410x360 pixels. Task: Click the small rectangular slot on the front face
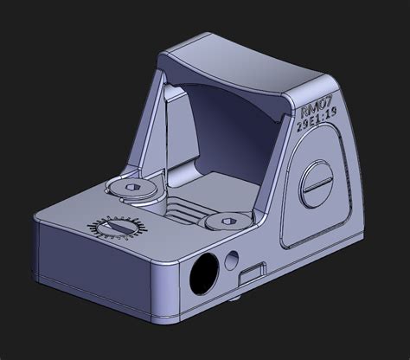point(253,273)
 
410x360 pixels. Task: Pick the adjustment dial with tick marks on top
point(113,228)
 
